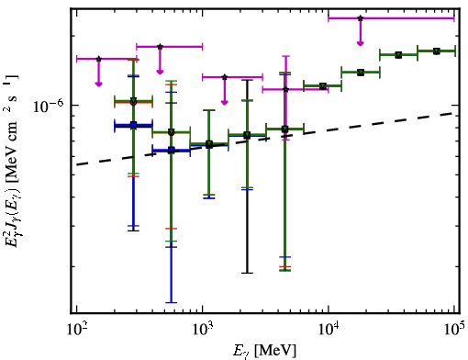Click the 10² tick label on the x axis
coord(77,330)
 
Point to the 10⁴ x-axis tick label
coord(329,330)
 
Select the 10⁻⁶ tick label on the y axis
coord(49,107)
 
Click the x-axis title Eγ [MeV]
coord(264,351)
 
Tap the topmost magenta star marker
coord(361,18)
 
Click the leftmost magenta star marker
coord(98,59)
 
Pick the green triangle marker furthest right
coord(437,51)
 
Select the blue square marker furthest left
coord(133,125)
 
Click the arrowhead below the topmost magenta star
coord(361,43)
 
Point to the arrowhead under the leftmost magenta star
coord(98,84)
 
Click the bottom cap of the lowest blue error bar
coord(172,302)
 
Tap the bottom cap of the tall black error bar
coord(248,273)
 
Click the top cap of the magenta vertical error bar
coord(285,56)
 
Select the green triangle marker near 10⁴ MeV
coord(322,86)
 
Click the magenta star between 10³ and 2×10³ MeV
coord(225,77)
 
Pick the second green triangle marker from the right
coord(398,55)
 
